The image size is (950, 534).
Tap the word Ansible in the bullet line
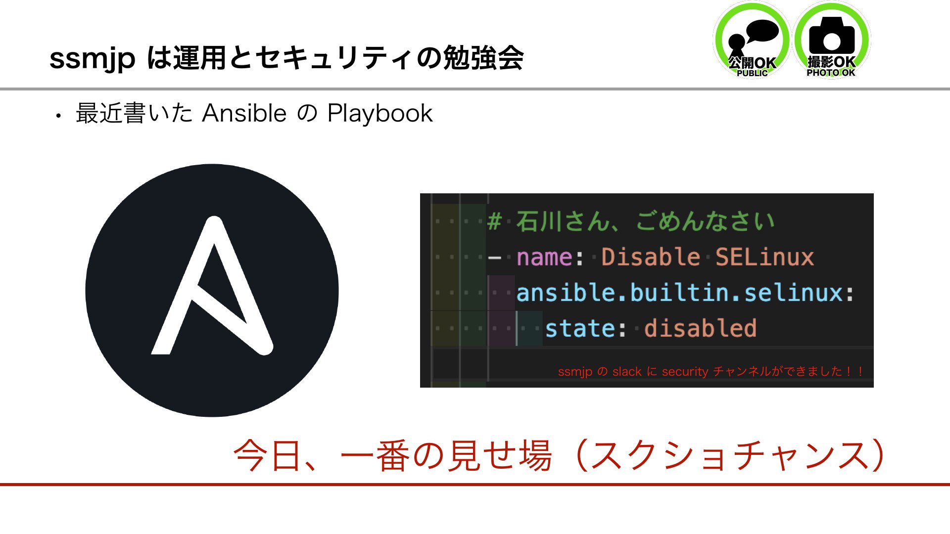[244, 113]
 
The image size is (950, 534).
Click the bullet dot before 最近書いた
[58, 117]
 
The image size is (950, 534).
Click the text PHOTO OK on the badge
[831, 73]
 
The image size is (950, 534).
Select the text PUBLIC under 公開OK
[752, 73]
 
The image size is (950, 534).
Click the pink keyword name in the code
[544, 257]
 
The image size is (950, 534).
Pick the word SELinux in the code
[764, 257]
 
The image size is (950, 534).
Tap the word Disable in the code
[651, 257]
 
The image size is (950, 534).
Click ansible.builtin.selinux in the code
[679, 293]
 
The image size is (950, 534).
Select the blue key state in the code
[580, 328]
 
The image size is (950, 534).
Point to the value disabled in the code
[700, 328]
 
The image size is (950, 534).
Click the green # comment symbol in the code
[494, 221]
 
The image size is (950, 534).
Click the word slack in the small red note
[627, 371]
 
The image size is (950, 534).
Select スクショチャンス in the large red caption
[729, 455]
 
